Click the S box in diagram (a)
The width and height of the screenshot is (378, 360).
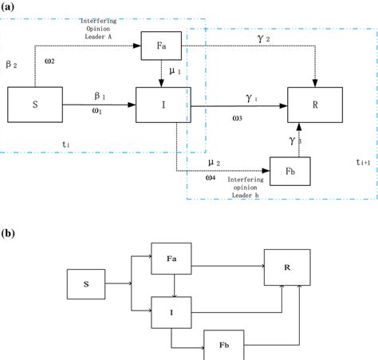point(35,105)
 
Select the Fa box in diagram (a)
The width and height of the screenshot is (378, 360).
point(160,45)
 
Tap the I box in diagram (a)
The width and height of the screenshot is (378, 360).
point(160,105)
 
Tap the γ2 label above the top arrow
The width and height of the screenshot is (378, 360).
point(253,38)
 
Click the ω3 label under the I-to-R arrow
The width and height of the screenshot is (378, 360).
point(239,119)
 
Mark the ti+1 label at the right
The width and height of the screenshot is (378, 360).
point(362,160)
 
